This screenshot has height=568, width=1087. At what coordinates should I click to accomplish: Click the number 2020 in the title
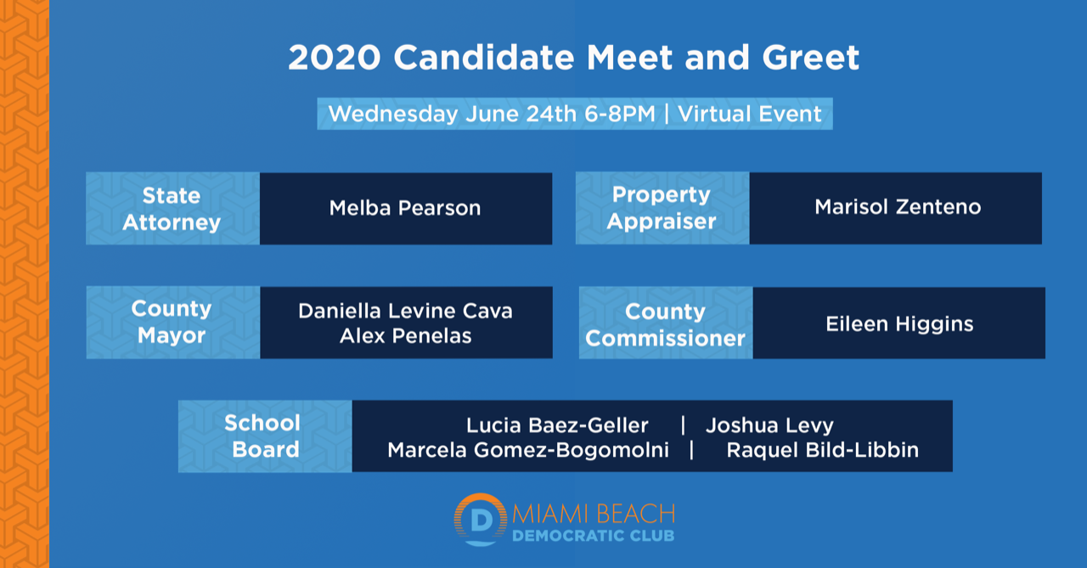coord(335,58)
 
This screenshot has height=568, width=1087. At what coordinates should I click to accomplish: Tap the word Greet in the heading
coord(811,58)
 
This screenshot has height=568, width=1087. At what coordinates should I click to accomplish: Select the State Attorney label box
coord(172,209)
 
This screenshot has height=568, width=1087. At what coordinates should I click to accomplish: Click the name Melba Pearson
coord(405,208)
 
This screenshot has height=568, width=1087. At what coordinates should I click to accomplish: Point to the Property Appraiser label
coord(662,208)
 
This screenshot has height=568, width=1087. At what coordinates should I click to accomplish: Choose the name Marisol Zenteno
coord(898,207)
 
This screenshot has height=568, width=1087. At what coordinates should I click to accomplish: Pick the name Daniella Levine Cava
coord(405,311)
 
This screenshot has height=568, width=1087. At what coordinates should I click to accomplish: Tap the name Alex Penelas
coord(406,335)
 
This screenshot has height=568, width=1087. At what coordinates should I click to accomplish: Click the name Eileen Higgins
coord(899,324)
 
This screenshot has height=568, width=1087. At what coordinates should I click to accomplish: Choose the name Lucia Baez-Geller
coord(557,425)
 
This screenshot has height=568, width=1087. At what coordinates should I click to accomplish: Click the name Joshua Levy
coord(769,425)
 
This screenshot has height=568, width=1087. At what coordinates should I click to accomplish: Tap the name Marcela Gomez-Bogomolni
coord(528,450)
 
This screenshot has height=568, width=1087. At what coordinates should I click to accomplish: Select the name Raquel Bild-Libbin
coord(823,450)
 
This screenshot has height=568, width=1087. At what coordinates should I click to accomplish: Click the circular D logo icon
coord(481,520)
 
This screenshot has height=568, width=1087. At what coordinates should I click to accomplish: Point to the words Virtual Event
coord(750,114)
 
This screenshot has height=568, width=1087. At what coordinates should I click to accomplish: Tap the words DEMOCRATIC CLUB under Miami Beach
coord(594,536)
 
